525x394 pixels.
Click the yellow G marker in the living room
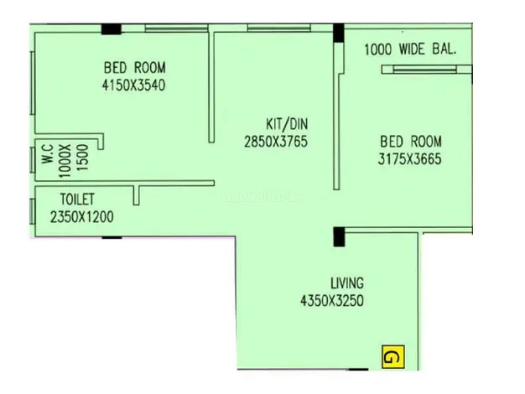(x=393, y=357)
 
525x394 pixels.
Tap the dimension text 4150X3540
(x=133, y=85)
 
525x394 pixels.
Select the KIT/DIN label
(x=287, y=124)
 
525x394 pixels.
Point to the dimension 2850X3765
(x=276, y=142)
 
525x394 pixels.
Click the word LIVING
(x=347, y=283)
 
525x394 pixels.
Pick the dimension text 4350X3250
(x=332, y=301)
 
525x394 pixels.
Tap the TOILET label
(x=77, y=200)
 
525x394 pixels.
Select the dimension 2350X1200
(x=82, y=217)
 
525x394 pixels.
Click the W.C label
(x=48, y=154)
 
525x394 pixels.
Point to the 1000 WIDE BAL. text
(x=410, y=49)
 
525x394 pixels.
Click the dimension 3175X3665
(x=410, y=159)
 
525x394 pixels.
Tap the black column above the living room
(x=339, y=237)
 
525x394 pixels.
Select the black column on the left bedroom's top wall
(x=112, y=29)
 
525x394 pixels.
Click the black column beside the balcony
(x=339, y=33)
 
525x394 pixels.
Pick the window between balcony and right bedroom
(x=425, y=70)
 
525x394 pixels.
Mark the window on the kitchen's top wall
(x=278, y=29)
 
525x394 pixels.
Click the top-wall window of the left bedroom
(x=176, y=29)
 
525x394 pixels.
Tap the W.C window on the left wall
(x=33, y=160)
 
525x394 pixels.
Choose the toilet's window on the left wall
(x=33, y=212)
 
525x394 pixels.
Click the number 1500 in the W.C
(x=82, y=158)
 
